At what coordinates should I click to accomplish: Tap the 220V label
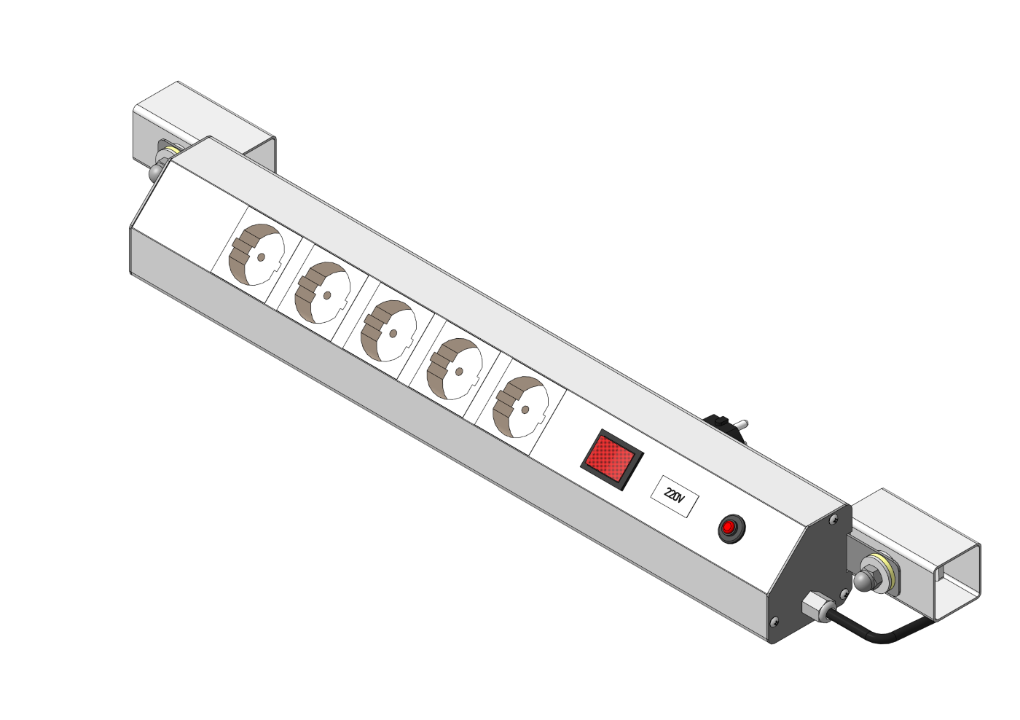pyautogui.click(x=674, y=496)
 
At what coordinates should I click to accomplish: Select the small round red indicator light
pyautogui.click(x=731, y=529)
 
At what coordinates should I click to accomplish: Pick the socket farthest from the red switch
pyautogui.click(x=256, y=254)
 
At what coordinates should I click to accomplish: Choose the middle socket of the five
pyautogui.click(x=388, y=331)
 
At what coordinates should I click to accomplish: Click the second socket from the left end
pyautogui.click(x=322, y=292)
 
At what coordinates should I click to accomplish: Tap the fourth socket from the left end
pyautogui.click(x=455, y=369)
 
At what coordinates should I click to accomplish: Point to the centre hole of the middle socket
pyautogui.click(x=393, y=333)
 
